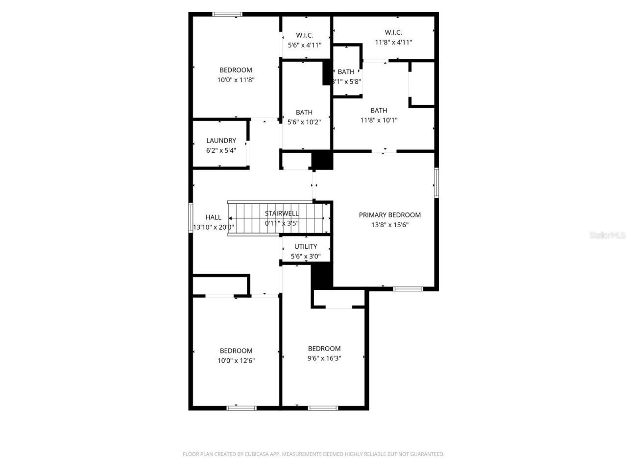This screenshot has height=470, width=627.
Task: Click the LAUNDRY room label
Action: tap(221, 141)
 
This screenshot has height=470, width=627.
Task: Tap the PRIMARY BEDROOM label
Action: tap(389, 215)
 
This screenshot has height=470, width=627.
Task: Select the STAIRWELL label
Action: tap(282, 213)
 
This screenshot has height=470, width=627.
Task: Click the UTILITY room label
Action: tap(306, 246)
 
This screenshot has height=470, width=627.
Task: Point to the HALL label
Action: tap(213, 217)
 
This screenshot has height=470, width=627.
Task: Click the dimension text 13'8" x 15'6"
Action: tap(389, 225)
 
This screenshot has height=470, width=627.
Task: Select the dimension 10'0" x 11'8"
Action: tap(236, 80)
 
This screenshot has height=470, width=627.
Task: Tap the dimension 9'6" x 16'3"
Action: tap(324, 358)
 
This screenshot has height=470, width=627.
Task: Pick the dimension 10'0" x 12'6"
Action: tap(236, 361)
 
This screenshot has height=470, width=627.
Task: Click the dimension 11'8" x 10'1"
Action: tap(379, 120)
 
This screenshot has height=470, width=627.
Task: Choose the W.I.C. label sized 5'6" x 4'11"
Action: tap(304, 35)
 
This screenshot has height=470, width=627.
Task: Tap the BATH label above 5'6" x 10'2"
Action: tap(304, 112)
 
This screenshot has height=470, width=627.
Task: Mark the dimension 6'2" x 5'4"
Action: tap(221, 150)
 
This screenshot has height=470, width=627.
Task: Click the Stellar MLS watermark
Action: tap(607, 235)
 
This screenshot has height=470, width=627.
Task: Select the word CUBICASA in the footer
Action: tap(258, 454)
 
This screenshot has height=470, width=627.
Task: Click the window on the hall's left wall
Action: tap(191, 217)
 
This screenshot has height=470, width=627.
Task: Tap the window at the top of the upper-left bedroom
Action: tap(227, 14)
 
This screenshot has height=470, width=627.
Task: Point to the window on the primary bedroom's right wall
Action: tap(436, 183)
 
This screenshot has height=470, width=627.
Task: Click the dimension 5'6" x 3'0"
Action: tap(306, 256)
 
